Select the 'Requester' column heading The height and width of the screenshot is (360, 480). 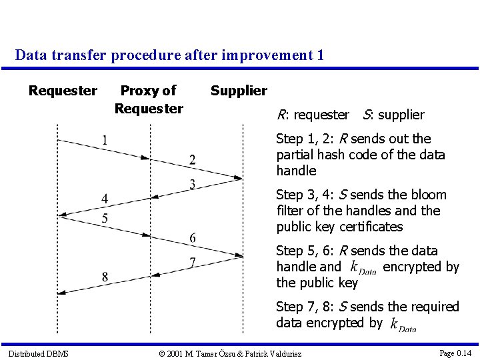tap(63, 91)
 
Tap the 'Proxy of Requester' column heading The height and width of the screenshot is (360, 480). tap(149, 99)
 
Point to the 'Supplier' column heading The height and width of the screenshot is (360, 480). tap(239, 91)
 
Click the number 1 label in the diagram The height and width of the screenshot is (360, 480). tap(104, 140)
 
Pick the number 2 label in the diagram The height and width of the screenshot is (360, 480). tap(192, 159)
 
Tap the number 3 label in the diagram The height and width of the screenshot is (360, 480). tap(192, 184)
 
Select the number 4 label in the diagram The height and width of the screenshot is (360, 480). tap(104, 199)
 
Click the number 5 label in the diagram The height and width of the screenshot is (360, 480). tap(104, 219)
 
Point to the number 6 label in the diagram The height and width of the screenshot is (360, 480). tap(192, 238)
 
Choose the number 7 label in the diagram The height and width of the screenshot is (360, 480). tap(192, 262)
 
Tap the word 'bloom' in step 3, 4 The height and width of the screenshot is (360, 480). tap(427, 195)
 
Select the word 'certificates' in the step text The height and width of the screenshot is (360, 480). tap(369, 227)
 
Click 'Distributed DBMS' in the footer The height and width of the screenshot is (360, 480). tap(38, 353)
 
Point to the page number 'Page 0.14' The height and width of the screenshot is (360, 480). tap(455, 353)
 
